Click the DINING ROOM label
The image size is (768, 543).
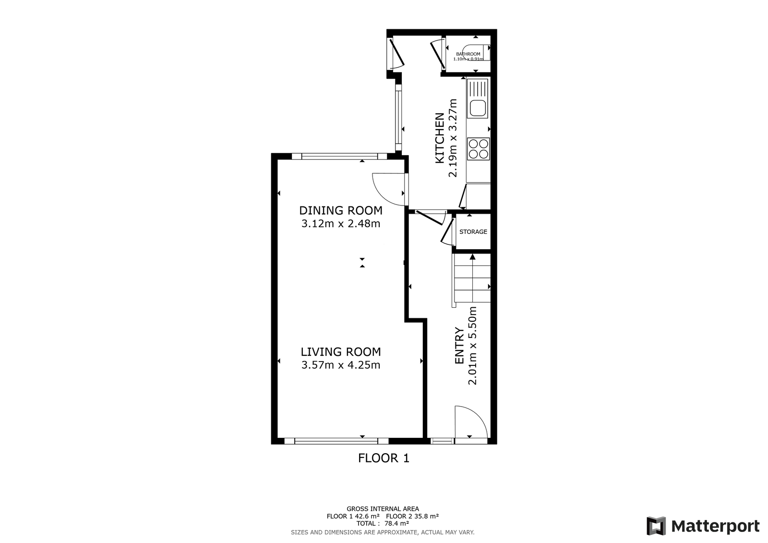click(341, 210)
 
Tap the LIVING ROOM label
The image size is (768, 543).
click(341, 352)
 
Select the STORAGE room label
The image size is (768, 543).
click(473, 232)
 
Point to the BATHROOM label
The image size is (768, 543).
click(468, 54)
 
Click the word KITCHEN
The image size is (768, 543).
click(440, 138)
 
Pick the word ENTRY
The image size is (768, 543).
click(459, 345)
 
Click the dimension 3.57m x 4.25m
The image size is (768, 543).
click(341, 365)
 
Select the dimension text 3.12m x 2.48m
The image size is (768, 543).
click(341, 224)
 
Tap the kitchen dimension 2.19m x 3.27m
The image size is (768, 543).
click(453, 138)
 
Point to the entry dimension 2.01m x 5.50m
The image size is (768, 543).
click(472, 345)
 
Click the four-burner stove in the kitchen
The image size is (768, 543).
click(478, 149)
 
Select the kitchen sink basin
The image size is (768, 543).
click(477, 108)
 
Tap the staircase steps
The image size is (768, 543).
click(472, 278)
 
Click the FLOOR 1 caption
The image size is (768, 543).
click(384, 459)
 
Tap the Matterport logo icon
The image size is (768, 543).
click(656, 526)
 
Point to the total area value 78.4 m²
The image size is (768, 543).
click(396, 523)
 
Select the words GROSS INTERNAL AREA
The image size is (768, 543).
click(383, 509)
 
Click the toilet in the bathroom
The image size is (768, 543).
click(477, 52)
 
